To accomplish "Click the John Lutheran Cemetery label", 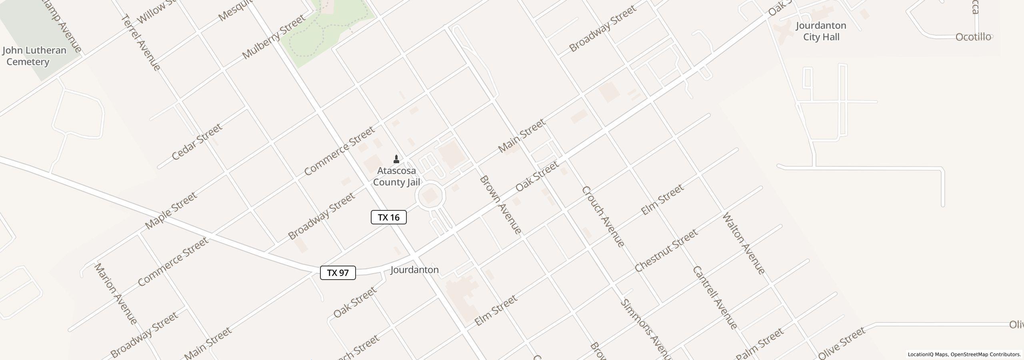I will (x=34, y=56).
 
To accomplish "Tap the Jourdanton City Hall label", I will (x=821, y=31).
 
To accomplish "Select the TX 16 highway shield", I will (x=388, y=217).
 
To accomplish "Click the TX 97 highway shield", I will (x=338, y=273).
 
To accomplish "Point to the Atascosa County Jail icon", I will (x=396, y=159).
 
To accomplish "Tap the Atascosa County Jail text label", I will (x=396, y=176).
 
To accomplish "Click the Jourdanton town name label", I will (x=414, y=270).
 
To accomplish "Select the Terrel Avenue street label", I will (x=140, y=42).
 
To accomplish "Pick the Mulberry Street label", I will (x=274, y=37).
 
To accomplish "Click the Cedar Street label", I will (x=197, y=142).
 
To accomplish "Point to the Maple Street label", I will (x=171, y=210).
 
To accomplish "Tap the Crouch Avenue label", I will (x=603, y=216).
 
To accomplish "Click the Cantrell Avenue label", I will (x=715, y=297).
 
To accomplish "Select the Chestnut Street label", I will (x=666, y=250).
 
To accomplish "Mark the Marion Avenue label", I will (x=115, y=293).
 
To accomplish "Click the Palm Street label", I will (x=760, y=344).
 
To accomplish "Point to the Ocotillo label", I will (x=973, y=37).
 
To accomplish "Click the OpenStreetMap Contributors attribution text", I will (x=986, y=354).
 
